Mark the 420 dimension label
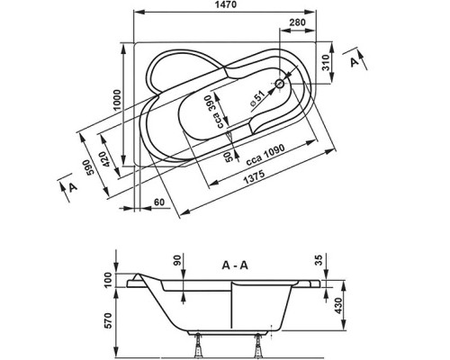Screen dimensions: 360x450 [106, 160]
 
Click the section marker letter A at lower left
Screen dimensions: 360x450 [70, 186]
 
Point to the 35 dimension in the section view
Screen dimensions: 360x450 [320, 261]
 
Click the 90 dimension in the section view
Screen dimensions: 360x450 [178, 261]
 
